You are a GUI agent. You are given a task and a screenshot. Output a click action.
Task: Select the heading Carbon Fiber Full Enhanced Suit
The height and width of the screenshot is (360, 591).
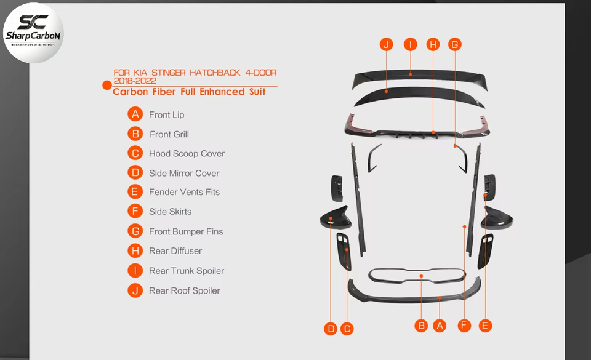tap(189, 92)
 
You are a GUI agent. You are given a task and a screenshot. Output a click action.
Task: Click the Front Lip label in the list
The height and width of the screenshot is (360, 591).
tap(166, 114)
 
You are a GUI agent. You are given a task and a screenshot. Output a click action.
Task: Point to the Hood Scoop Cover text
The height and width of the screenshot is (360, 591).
tap(187, 153)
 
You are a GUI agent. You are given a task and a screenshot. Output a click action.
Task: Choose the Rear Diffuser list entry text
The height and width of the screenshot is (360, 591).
tap(175, 250)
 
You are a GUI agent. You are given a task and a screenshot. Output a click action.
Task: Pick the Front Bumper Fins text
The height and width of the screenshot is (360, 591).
tap(186, 231)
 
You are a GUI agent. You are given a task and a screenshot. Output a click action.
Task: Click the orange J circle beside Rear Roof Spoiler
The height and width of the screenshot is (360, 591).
tap(135, 290)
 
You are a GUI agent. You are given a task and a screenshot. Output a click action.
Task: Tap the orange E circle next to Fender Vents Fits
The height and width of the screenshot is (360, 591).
tap(135, 192)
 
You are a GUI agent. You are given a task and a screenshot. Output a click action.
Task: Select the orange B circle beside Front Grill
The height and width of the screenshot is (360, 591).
tap(135, 134)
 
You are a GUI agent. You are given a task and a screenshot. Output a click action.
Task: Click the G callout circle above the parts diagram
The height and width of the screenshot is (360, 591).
tap(454, 44)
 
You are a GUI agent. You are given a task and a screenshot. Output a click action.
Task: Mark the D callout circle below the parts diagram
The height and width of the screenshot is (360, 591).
tap(331, 329)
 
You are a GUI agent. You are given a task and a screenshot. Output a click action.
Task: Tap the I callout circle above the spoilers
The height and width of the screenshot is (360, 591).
tap(410, 44)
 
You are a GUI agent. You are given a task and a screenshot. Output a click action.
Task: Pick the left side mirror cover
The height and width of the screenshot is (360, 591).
tap(336, 217)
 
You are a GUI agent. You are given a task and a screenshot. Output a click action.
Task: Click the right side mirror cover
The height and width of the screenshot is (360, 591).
tap(498, 217)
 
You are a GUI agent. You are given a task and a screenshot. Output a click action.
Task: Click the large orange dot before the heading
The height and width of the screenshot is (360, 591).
tap(107, 85)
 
